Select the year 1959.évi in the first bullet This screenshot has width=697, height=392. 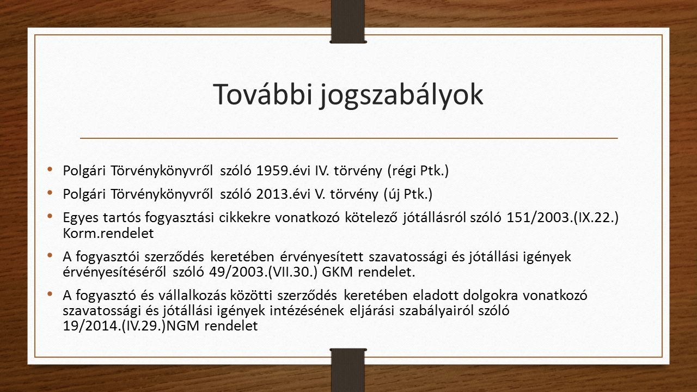coord(283,170)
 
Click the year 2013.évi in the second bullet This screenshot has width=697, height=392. coord(283,194)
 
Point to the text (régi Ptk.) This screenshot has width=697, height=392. coord(418,171)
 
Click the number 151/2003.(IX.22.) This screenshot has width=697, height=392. coord(563,218)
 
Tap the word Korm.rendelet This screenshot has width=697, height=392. coord(108,234)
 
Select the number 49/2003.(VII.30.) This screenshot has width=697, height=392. coord(263,272)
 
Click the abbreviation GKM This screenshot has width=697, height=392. coord(337,272)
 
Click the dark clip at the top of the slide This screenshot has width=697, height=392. coord(348,21)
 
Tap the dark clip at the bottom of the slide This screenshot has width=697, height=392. coord(348,370)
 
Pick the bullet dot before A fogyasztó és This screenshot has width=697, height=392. coord(50,293)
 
